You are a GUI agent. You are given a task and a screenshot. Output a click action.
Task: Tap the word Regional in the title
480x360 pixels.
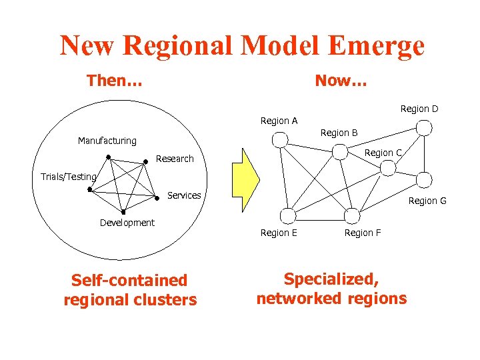coord(178,46)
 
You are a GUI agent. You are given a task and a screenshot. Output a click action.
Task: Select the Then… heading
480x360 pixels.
coord(114,81)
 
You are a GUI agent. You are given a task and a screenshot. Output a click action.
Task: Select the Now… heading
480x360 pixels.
coord(341,81)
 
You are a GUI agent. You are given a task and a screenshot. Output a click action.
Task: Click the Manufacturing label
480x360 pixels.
coord(107,141)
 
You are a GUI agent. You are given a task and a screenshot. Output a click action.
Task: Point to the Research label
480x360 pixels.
coord(175,159)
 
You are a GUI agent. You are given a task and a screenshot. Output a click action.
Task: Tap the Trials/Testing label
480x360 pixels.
coord(69,177)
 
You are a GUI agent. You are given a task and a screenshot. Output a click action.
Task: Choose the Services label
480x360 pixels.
coord(184,195)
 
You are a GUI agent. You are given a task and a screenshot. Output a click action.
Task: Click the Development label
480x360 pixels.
coord(127,223)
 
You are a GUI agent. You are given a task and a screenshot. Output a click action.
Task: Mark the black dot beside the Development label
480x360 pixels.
coord(123,213)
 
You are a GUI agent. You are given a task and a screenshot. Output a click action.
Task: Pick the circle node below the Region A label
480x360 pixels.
coord(281,139)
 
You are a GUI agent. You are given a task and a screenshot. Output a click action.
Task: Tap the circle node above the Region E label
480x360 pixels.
coord(287,215)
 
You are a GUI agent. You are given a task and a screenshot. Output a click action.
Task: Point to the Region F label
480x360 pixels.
coord(363,233)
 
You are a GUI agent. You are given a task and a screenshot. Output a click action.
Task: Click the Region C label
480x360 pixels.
coord(383,153)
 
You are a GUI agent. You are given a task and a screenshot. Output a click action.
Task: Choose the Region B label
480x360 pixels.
coord(339,133)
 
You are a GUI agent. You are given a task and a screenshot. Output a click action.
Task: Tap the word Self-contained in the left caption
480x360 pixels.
coord(129,281)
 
